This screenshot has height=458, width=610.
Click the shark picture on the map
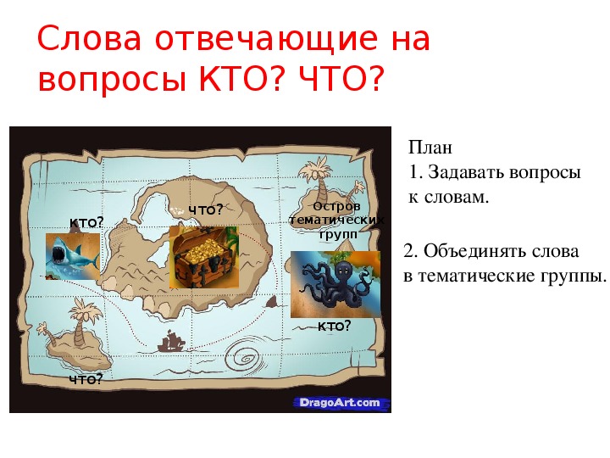(x=73, y=256)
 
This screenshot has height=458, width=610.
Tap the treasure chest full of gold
(x=204, y=257)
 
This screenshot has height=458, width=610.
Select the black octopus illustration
(x=335, y=284)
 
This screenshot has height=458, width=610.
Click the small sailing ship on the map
(x=171, y=341)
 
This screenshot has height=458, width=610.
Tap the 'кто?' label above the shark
(x=86, y=222)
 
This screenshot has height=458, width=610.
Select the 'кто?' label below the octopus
(x=334, y=326)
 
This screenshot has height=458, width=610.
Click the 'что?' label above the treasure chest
(x=206, y=210)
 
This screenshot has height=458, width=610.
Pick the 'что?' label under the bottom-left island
(x=86, y=379)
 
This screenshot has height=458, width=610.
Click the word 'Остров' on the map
(x=336, y=206)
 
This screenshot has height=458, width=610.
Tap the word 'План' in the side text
(x=430, y=148)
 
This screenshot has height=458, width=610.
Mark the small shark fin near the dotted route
(x=272, y=301)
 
